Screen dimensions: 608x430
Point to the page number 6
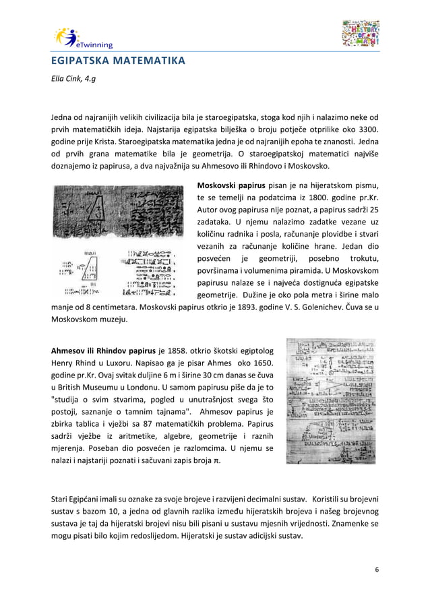(x=376, y=570)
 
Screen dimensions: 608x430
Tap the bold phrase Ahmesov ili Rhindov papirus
(x=104, y=351)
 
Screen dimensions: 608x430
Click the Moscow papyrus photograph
(x=118, y=241)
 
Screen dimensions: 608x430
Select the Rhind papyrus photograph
(x=331, y=400)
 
